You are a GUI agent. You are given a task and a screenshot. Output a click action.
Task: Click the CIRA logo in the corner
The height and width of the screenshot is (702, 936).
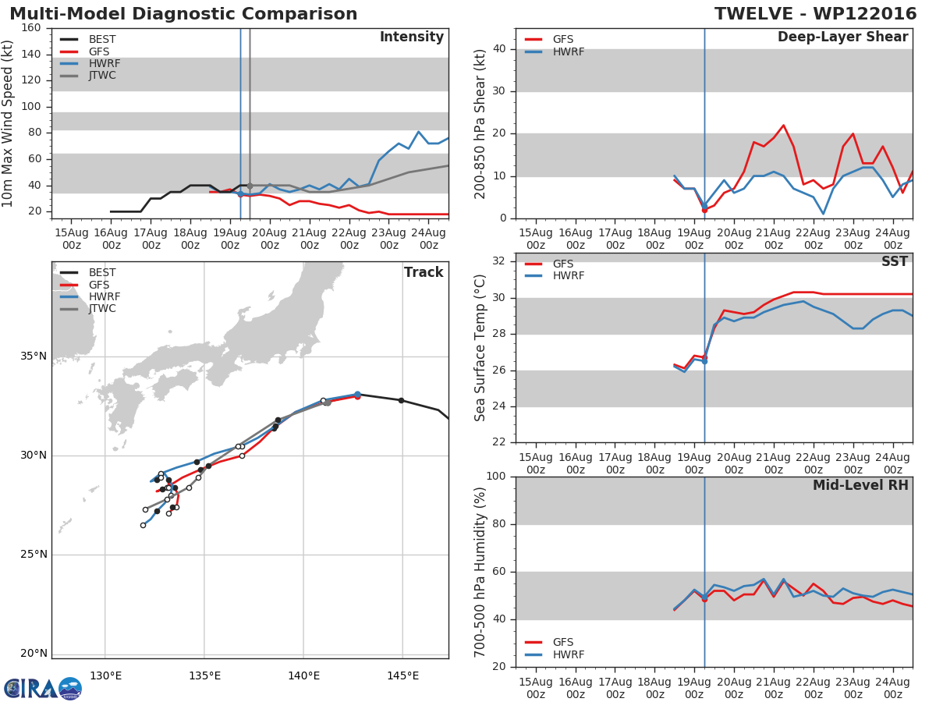43,689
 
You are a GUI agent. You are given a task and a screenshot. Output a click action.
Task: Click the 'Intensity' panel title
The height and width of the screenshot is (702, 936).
412,37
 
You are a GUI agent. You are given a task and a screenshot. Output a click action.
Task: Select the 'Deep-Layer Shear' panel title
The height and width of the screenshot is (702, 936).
842,37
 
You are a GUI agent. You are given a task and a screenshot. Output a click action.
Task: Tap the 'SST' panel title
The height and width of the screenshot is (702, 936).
895,261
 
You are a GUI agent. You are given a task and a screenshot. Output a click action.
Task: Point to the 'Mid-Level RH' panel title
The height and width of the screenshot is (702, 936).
860,485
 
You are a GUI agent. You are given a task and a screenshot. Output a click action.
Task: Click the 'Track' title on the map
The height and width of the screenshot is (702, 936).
424,272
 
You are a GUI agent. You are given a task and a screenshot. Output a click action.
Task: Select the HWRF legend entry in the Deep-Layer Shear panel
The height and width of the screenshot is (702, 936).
554,51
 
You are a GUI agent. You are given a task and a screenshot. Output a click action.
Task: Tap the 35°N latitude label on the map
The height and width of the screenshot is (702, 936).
34,356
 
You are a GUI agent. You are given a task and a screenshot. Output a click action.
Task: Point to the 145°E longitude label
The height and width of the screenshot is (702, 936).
403,675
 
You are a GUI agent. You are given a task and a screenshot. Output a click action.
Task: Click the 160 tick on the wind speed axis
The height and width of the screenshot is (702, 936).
31,28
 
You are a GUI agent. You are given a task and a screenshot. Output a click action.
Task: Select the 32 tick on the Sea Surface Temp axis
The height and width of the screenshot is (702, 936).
498,261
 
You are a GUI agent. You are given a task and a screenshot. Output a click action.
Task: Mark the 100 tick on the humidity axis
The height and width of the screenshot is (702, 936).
496,476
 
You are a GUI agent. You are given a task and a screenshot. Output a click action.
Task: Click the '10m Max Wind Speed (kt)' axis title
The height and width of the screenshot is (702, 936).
7,123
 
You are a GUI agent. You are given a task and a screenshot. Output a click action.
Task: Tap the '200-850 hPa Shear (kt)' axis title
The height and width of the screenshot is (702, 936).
480,124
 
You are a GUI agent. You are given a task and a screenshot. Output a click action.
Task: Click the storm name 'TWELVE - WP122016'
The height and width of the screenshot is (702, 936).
815,13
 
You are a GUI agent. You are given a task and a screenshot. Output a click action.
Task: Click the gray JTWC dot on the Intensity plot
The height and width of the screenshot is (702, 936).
250,186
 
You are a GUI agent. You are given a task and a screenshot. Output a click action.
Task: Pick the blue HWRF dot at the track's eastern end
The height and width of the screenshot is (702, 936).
357,394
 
